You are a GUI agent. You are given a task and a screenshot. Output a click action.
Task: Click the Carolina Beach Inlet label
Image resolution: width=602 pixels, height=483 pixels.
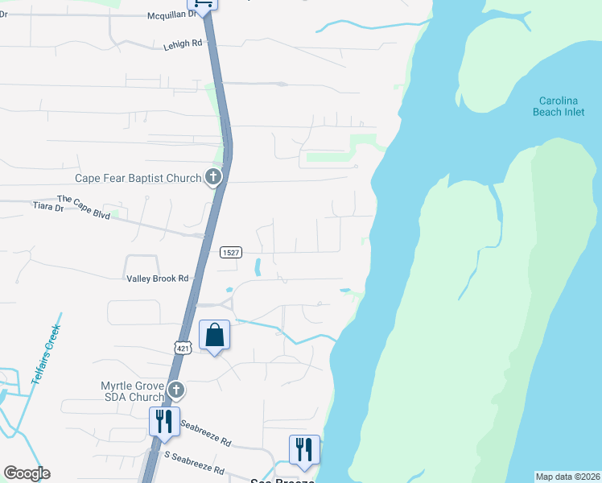[559, 106]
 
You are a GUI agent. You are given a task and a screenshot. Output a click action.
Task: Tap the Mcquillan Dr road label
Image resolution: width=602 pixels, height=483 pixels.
[172, 15]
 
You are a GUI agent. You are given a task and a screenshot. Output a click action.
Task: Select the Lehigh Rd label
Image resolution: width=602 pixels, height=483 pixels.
[185, 43]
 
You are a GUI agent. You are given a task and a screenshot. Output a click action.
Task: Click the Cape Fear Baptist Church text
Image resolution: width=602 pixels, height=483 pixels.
[138, 178]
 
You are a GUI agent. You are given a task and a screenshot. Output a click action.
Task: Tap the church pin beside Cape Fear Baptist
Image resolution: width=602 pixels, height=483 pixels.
[213, 177]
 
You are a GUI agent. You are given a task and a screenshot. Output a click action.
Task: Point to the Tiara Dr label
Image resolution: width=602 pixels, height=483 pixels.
[47, 208]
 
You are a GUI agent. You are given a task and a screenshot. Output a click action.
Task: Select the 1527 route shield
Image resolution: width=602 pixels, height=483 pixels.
[231, 253]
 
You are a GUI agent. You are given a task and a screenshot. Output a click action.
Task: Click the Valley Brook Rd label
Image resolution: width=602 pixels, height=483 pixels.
[158, 279]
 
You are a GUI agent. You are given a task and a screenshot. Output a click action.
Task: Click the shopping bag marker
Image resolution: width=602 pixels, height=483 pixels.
[215, 335]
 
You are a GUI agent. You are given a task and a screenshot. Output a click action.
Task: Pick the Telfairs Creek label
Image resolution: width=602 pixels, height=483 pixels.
[47, 353]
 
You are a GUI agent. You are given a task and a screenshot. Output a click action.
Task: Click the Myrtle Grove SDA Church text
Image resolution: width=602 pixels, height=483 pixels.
[133, 391]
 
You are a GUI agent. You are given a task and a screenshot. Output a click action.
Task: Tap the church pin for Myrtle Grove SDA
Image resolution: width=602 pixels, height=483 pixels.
[176, 391]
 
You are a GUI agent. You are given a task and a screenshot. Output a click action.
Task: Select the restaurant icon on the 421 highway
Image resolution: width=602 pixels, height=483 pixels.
[163, 421]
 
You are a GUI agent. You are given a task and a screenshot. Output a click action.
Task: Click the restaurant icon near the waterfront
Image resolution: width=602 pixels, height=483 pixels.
[303, 448]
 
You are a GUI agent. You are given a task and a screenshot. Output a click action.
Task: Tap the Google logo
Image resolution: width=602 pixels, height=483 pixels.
[27, 473]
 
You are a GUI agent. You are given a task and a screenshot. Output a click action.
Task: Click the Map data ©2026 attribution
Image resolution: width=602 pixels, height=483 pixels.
[567, 477]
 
